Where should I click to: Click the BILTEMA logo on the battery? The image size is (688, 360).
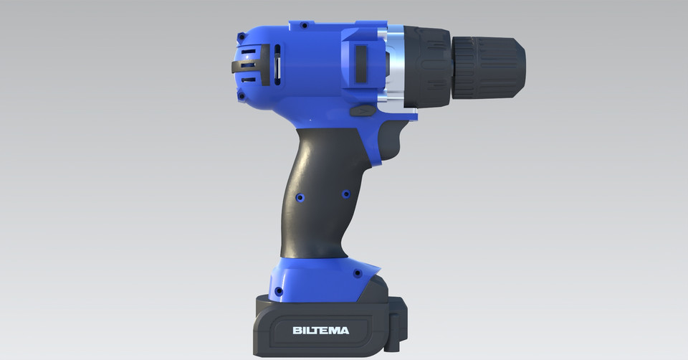(x=320, y=331)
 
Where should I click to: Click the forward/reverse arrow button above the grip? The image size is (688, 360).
(x=365, y=112)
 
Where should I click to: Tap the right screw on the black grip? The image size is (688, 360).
(x=345, y=194)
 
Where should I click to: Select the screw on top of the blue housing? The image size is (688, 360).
(x=304, y=25)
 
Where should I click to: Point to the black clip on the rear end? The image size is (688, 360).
(x=237, y=66)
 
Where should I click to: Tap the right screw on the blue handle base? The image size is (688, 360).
(x=356, y=273)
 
